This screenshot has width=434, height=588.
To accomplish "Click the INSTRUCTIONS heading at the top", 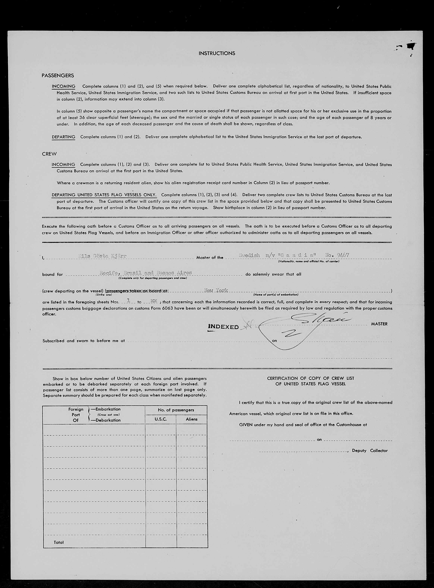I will (217, 53).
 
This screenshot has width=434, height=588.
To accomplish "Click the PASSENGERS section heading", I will (58, 76).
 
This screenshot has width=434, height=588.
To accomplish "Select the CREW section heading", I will (49, 154).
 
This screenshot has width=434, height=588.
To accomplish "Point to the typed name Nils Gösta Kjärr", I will (102, 256).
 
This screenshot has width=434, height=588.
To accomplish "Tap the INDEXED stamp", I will (223, 327).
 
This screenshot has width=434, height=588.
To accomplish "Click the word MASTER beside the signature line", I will (379, 324).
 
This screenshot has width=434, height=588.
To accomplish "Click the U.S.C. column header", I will (161, 419).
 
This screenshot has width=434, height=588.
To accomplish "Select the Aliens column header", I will (191, 419).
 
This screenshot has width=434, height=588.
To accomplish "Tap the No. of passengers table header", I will (176, 410).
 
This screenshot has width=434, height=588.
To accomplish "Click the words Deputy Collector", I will (370, 451).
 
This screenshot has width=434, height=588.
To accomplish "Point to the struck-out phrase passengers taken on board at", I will (137, 291).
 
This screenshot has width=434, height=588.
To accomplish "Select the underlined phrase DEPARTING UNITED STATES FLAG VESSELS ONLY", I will (104, 195).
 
